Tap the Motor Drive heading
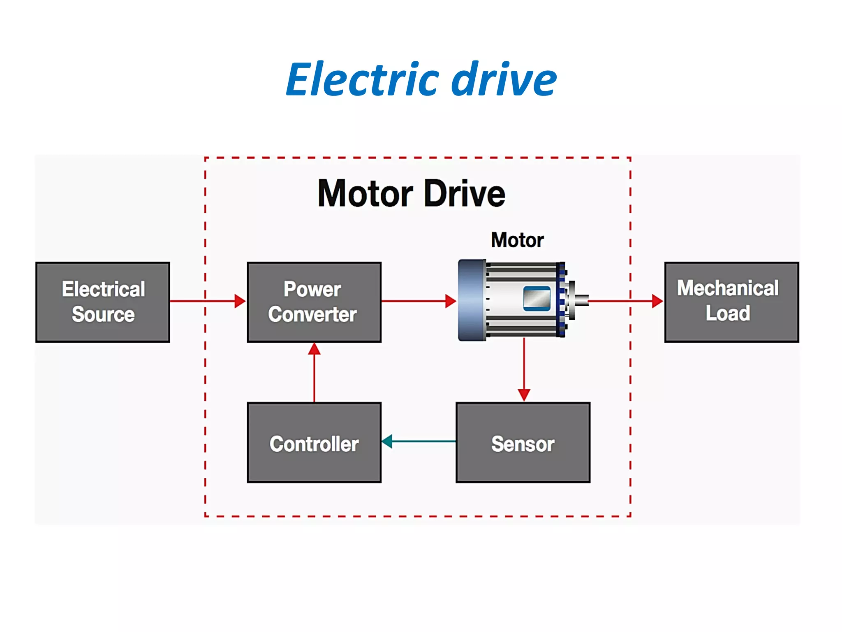click(x=411, y=193)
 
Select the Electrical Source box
click(x=103, y=302)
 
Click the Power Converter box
click(x=314, y=302)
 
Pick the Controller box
click(x=314, y=443)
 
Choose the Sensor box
click(x=523, y=443)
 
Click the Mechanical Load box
click(x=731, y=302)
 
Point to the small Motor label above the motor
click(x=517, y=240)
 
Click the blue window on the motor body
click(x=537, y=298)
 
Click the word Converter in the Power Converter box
click(x=312, y=315)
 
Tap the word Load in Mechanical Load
click(x=728, y=314)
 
